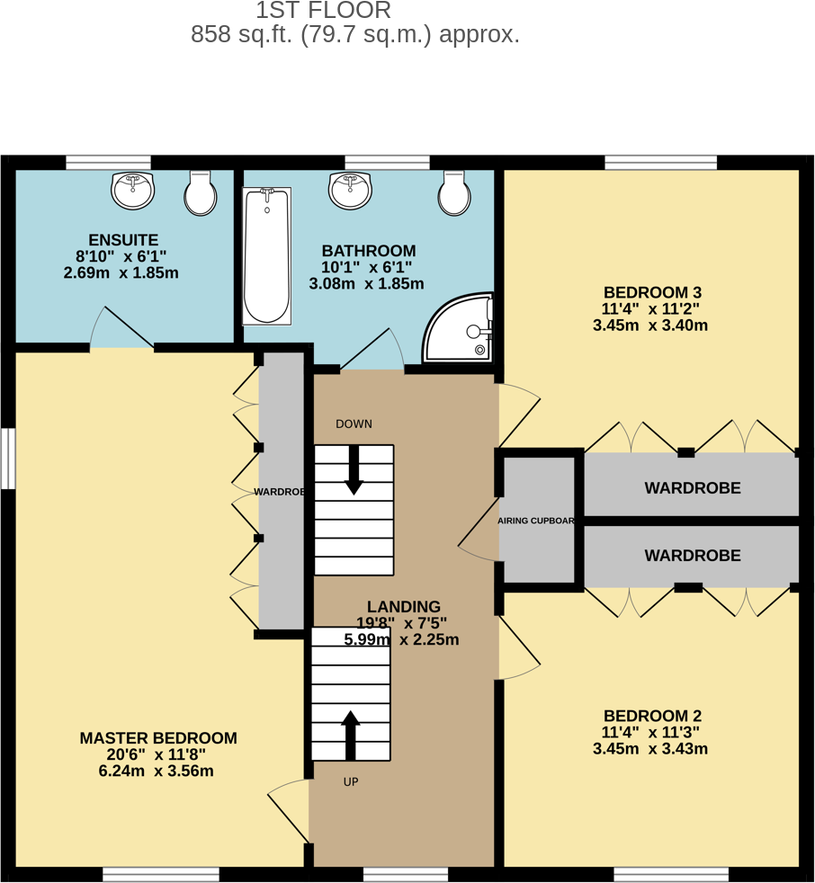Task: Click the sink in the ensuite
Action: click(132, 191)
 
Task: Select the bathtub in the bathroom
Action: click(266, 255)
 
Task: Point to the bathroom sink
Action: click(351, 191)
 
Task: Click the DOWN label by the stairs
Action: click(354, 424)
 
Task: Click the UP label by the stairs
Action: click(351, 782)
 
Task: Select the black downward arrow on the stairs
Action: click(354, 470)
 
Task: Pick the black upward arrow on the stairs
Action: click(350, 735)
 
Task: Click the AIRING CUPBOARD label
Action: click(536, 521)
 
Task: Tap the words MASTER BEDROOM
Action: click(158, 738)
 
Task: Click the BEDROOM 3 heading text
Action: click(652, 292)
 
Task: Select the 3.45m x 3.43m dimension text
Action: click(650, 749)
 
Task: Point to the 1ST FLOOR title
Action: click(324, 11)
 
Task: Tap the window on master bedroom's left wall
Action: click(7, 459)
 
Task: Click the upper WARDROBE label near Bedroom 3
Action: click(693, 488)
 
